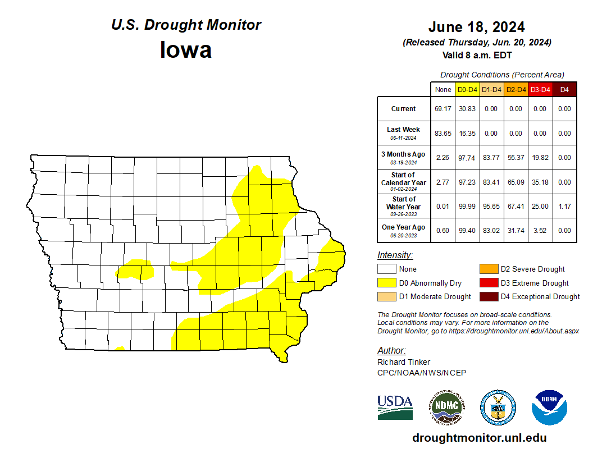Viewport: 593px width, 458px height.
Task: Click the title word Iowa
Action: (x=186, y=50)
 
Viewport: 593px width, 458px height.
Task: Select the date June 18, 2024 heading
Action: (x=476, y=27)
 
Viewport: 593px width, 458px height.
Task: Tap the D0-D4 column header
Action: (x=467, y=89)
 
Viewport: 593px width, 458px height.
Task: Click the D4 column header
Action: (x=564, y=89)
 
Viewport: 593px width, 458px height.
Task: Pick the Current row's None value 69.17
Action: (x=443, y=109)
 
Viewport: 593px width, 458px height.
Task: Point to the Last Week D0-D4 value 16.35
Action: (x=467, y=134)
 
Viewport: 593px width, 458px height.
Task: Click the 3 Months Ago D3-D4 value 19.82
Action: (x=540, y=158)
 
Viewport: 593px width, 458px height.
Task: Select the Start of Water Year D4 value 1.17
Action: (x=564, y=207)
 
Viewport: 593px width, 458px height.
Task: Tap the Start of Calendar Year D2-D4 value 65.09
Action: (x=516, y=182)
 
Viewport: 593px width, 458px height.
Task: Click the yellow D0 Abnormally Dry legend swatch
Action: (x=386, y=283)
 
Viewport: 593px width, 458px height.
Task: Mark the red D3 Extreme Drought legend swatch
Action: (x=489, y=283)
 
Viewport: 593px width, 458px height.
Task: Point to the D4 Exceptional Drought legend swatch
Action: (x=489, y=296)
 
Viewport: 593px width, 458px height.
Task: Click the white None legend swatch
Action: (x=386, y=269)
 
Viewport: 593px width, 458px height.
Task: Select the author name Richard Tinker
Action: (x=404, y=362)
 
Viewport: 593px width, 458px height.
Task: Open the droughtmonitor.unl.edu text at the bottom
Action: (x=479, y=438)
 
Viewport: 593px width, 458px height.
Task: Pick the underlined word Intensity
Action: (x=395, y=255)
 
